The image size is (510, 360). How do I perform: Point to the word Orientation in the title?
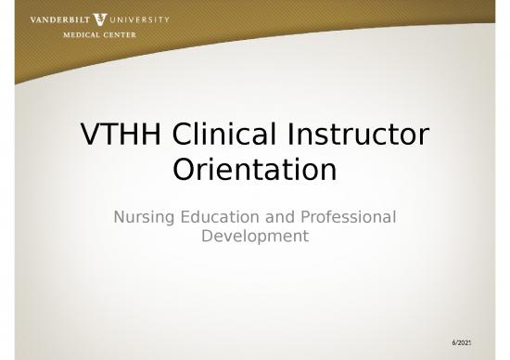click(254, 171)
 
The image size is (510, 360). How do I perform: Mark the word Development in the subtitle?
click(254, 238)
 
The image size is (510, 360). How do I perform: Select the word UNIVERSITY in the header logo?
click(138, 18)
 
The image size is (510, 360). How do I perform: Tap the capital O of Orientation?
click(186, 171)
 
